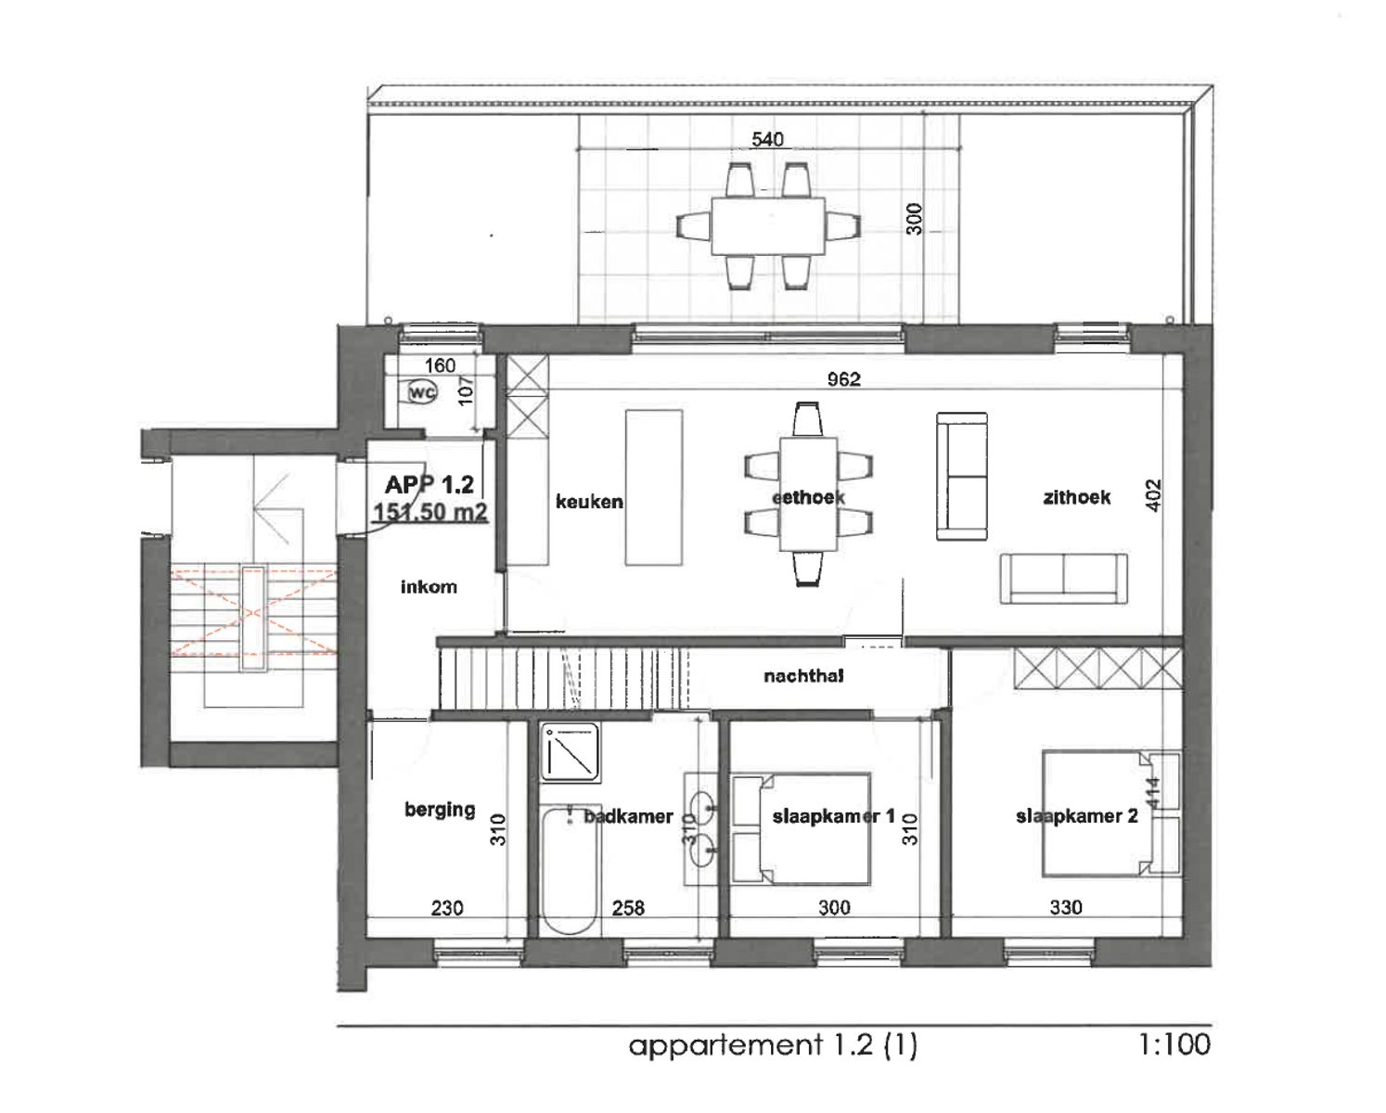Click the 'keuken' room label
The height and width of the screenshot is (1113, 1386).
coord(589,502)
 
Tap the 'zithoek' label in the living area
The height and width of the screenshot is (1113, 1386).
coord(1076,497)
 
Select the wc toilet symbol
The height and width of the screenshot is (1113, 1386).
coord(422,392)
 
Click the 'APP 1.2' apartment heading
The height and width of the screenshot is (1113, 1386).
coord(430,484)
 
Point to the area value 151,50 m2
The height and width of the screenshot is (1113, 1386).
coord(430,512)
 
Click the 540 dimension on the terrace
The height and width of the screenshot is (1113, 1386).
coord(767,139)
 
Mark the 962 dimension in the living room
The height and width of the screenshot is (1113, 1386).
coord(843,378)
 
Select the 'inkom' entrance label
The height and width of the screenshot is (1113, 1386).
coord(429,586)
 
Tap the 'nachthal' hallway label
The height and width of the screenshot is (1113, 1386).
coord(803,676)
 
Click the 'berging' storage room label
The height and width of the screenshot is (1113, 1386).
coord(440,809)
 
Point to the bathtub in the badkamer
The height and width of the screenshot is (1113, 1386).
coord(569,869)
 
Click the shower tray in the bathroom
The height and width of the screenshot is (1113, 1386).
coord(571,752)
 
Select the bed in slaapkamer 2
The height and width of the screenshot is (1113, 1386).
coord(1095,812)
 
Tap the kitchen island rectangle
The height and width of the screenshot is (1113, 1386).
coord(653,487)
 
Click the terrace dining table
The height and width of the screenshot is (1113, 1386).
coord(768,225)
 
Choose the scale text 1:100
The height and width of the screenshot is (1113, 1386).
coord(1174,1044)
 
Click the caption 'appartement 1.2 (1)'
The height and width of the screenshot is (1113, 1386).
coord(773,1045)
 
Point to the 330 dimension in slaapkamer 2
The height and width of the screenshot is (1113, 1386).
coord(1065,907)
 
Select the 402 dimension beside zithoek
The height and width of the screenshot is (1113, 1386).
coord(1153,494)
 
